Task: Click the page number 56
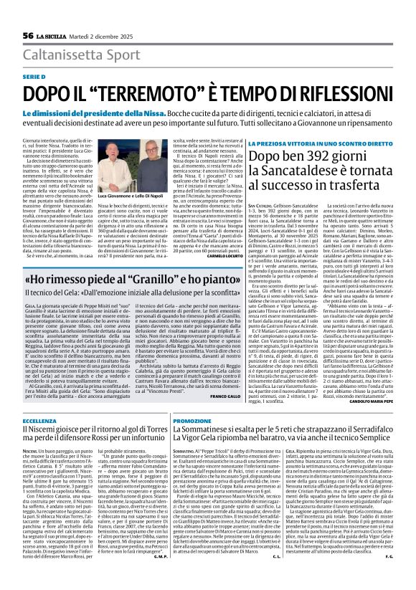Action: point(29,35)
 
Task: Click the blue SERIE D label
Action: point(33,77)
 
